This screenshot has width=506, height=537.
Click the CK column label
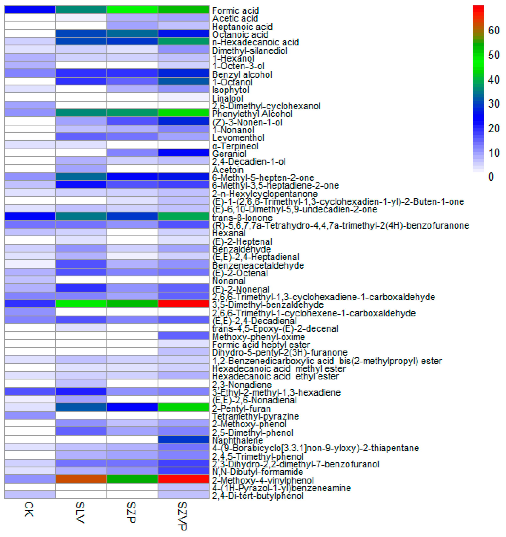(x=29, y=509)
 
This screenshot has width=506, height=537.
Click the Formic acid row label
(x=235, y=11)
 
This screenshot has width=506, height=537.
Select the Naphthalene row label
(x=234, y=440)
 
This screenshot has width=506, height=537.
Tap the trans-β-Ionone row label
(x=242, y=217)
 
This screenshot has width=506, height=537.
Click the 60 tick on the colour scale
(x=494, y=30)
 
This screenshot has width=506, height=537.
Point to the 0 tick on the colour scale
(x=491, y=177)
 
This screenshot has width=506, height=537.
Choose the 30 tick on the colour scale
(x=494, y=103)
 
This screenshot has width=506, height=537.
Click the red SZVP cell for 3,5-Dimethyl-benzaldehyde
(x=183, y=304)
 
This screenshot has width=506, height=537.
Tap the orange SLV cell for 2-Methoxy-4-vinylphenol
(x=81, y=479)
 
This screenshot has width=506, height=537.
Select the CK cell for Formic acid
(x=30, y=9)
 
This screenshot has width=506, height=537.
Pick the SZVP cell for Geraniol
(x=183, y=153)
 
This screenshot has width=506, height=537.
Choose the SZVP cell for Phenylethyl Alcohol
(x=183, y=113)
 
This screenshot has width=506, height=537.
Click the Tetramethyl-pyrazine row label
(x=255, y=416)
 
